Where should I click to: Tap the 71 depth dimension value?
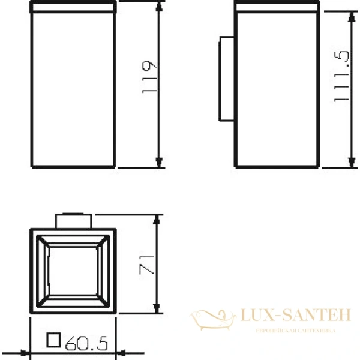tap(148, 264)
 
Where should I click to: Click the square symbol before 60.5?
tap(54, 341)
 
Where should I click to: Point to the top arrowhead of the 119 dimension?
tap(159, 7)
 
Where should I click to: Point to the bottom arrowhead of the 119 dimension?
tap(159, 163)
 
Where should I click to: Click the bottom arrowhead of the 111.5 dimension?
tap(350, 163)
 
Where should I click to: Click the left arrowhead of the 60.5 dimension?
tap(33, 353)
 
